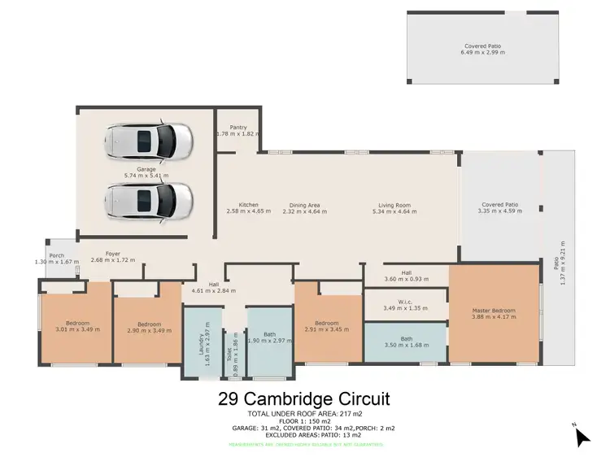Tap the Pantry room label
pyautogui.click(x=237, y=127)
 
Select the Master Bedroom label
pyautogui.click(x=495, y=310)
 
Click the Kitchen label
pyautogui.click(x=248, y=205)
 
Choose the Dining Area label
pyautogui.click(x=304, y=205)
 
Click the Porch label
pyautogui.click(x=55, y=255)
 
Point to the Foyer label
pyautogui.click(x=101, y=255)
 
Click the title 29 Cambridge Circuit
pyautogui.click(x=304, y=399)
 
